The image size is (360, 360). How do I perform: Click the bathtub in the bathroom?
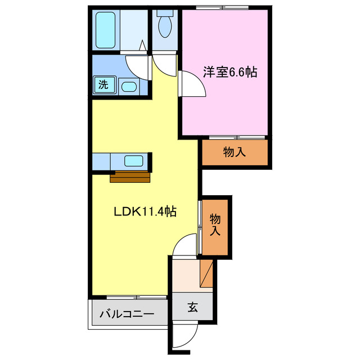click(106, 29)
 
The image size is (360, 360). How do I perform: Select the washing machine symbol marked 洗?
click(103, 85)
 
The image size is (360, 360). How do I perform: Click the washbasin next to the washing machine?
click(128, 87)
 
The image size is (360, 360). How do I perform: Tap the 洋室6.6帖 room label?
click(230, 73)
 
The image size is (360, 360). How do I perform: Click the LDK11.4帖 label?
click(145, 212)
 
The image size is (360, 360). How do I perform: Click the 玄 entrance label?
click(192, 307)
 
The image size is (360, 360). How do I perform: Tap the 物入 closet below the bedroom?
click(235, 152)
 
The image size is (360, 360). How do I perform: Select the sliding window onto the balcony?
click(137, 296)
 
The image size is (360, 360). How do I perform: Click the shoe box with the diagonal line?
click(206, 273)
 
